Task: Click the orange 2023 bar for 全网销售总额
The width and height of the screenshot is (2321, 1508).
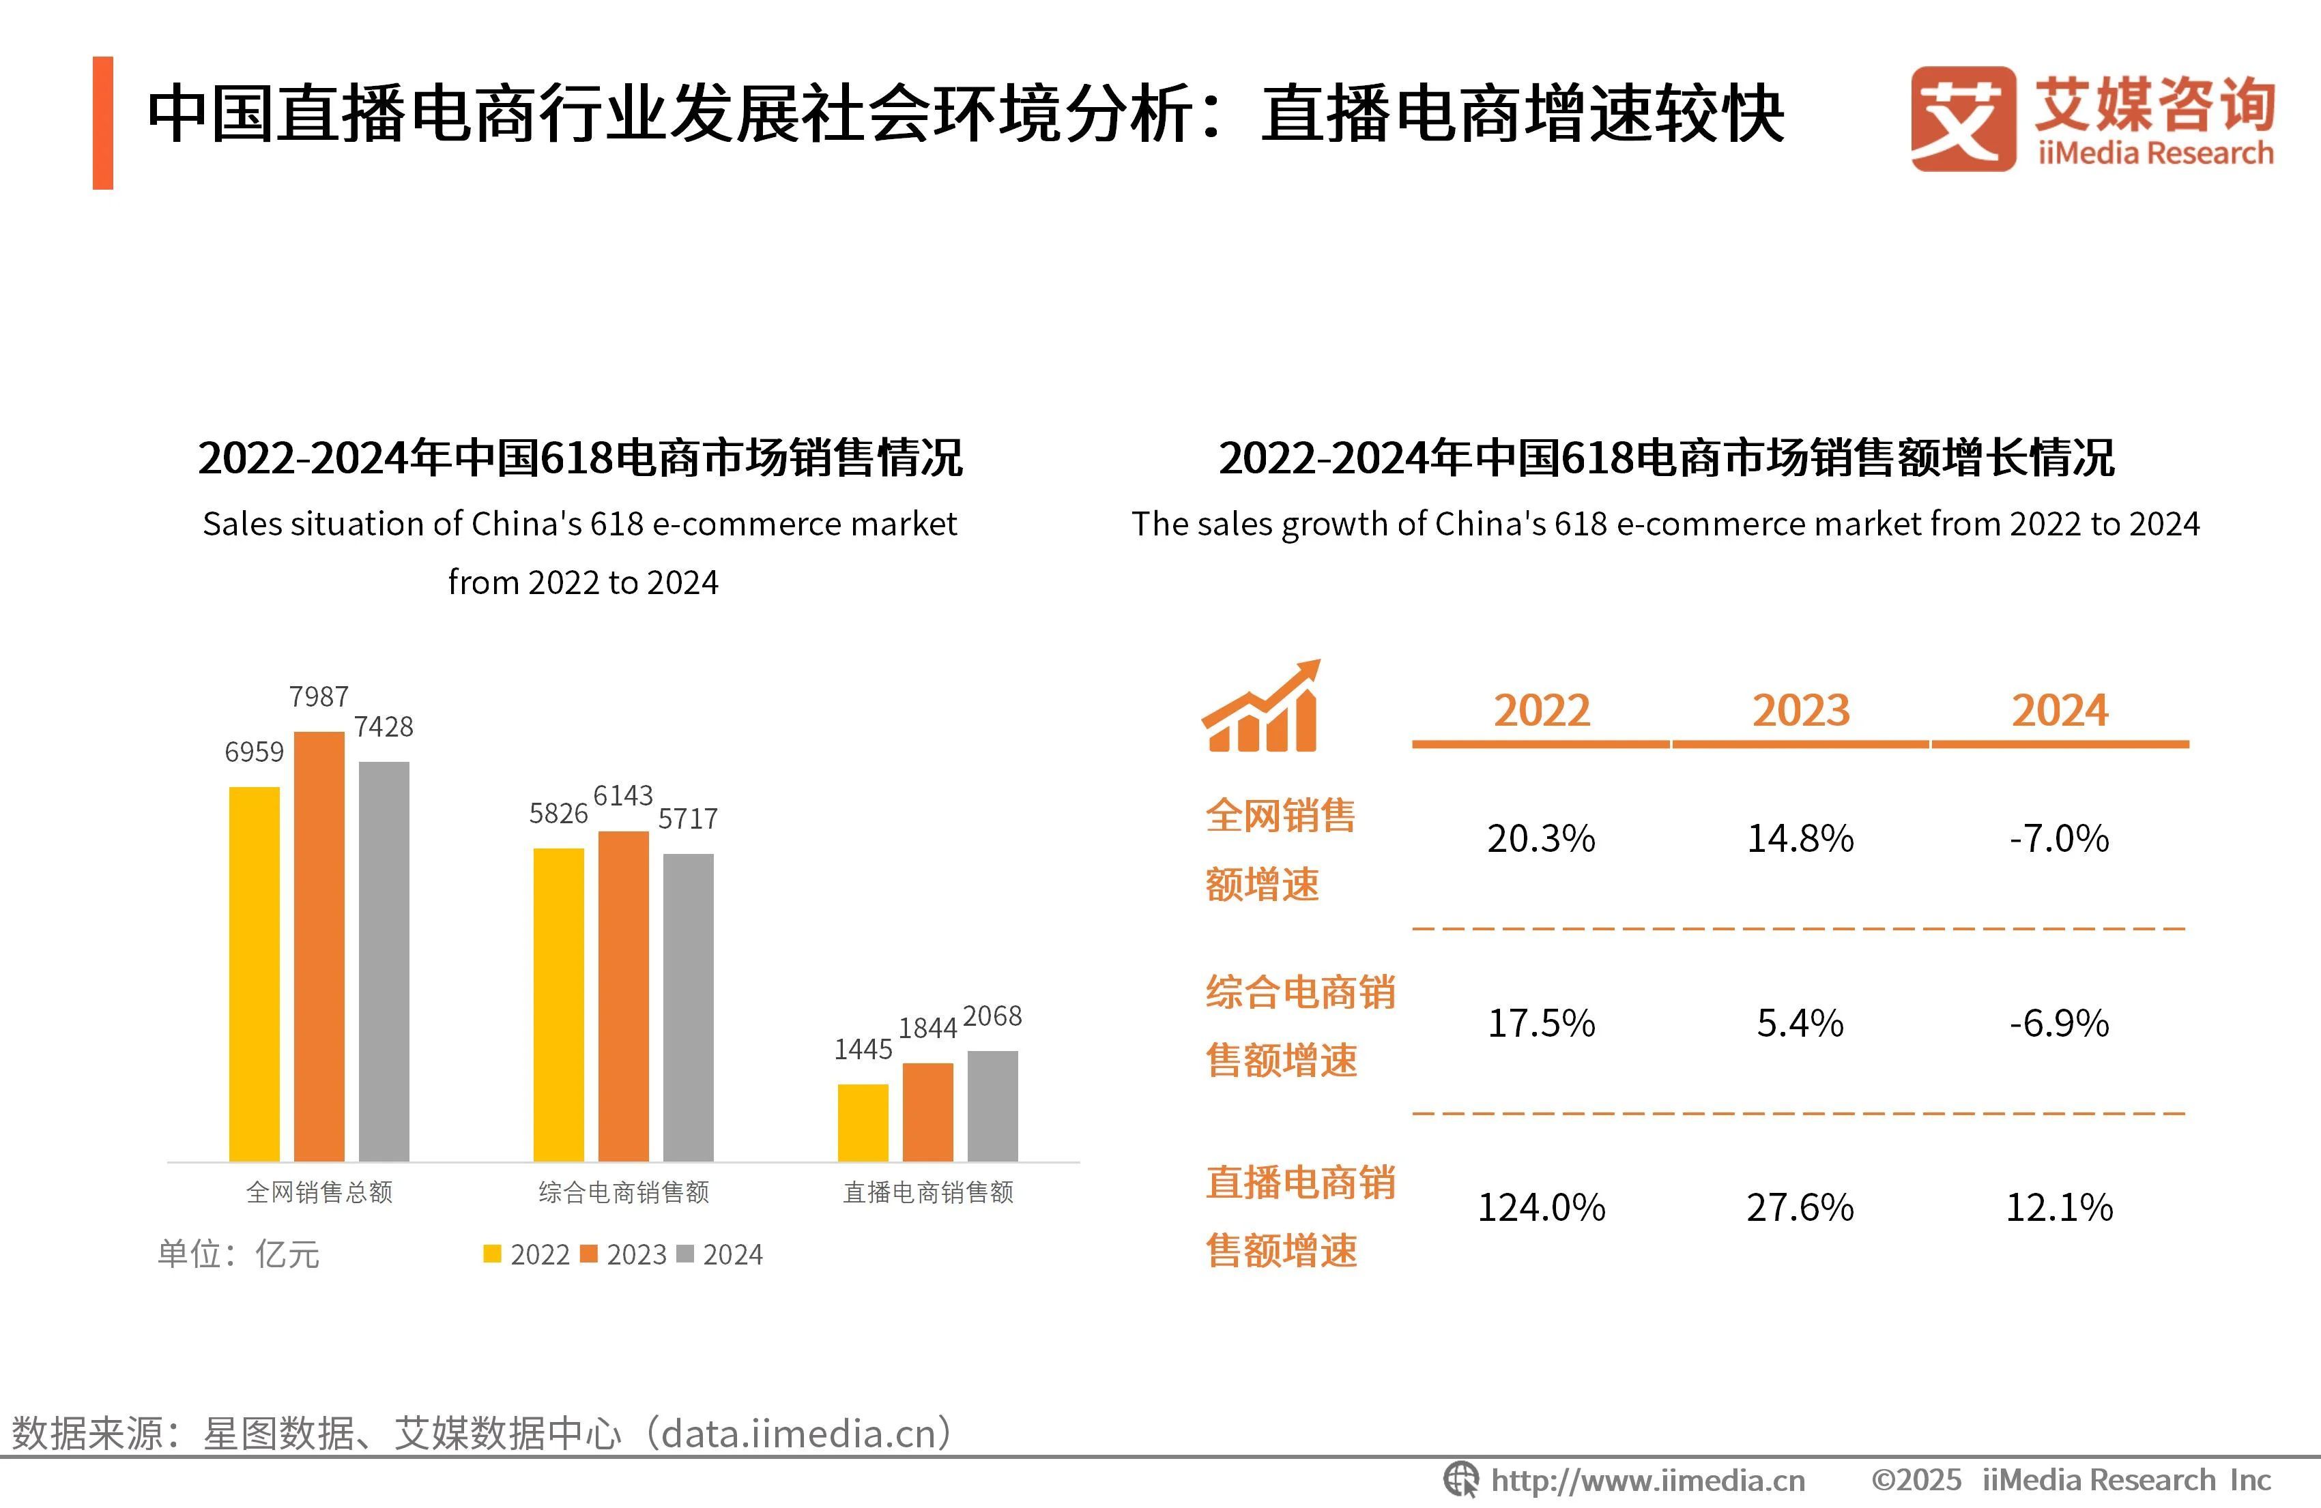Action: point(319,945)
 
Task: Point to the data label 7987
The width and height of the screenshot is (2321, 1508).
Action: point(319,697)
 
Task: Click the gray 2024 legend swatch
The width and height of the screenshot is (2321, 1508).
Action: point(684,1254)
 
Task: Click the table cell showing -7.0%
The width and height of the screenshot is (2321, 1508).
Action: point(2059,838)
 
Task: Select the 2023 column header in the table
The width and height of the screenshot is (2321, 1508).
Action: point(1800,711)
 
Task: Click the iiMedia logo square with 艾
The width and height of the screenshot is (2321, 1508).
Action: point(1962,119)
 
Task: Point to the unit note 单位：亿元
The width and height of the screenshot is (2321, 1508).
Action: point(239,1254)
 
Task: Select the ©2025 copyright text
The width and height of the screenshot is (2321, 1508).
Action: point(1916,1480)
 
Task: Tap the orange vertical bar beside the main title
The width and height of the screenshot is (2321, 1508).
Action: point(102,123)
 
